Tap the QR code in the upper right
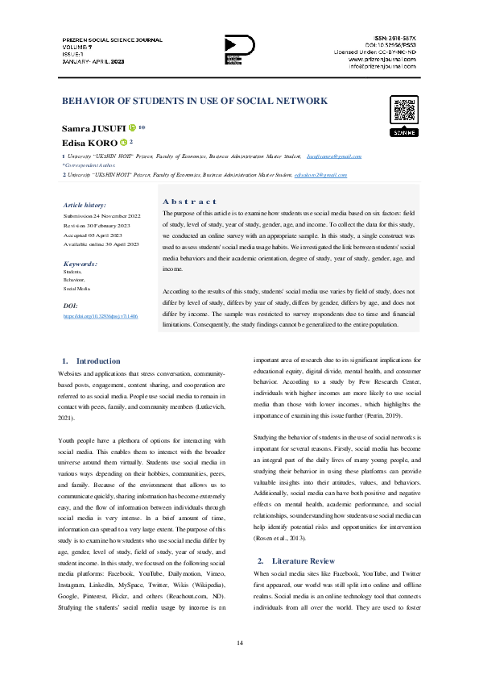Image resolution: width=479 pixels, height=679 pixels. tap(403, 110)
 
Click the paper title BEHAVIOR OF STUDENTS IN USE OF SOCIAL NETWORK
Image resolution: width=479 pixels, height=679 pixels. tap(195, 101)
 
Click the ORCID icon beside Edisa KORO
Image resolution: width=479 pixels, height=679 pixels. tap(124, 142)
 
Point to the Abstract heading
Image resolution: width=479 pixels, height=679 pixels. tap(189, 201)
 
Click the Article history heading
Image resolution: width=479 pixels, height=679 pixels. tap(85, 206)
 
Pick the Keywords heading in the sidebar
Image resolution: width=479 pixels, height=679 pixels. tap(81, 264)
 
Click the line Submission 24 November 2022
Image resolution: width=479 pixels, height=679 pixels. tap(101, 216)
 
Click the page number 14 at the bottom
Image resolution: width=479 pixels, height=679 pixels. tap(239, 642)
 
